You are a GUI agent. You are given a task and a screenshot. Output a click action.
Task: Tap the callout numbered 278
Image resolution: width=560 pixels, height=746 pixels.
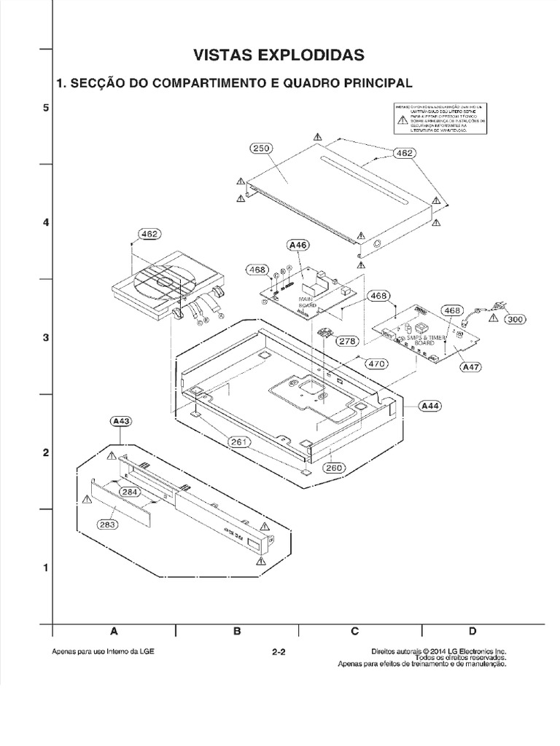346,340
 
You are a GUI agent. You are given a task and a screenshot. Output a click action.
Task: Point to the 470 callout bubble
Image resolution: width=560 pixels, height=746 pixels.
376,363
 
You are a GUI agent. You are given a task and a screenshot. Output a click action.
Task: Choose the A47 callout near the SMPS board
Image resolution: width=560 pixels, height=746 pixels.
472,368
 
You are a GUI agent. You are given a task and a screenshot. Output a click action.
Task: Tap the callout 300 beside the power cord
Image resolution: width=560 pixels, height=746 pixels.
516,319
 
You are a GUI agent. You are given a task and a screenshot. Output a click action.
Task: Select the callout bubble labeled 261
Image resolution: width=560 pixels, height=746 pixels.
238,441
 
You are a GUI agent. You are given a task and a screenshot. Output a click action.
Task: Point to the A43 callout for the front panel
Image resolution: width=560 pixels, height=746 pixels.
120,421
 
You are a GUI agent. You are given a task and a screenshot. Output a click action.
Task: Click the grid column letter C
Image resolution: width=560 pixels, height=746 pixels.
355,631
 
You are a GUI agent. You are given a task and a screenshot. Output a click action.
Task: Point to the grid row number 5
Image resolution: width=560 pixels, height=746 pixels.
45,108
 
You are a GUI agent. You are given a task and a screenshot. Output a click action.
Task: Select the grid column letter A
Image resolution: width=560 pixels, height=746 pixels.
114,631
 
